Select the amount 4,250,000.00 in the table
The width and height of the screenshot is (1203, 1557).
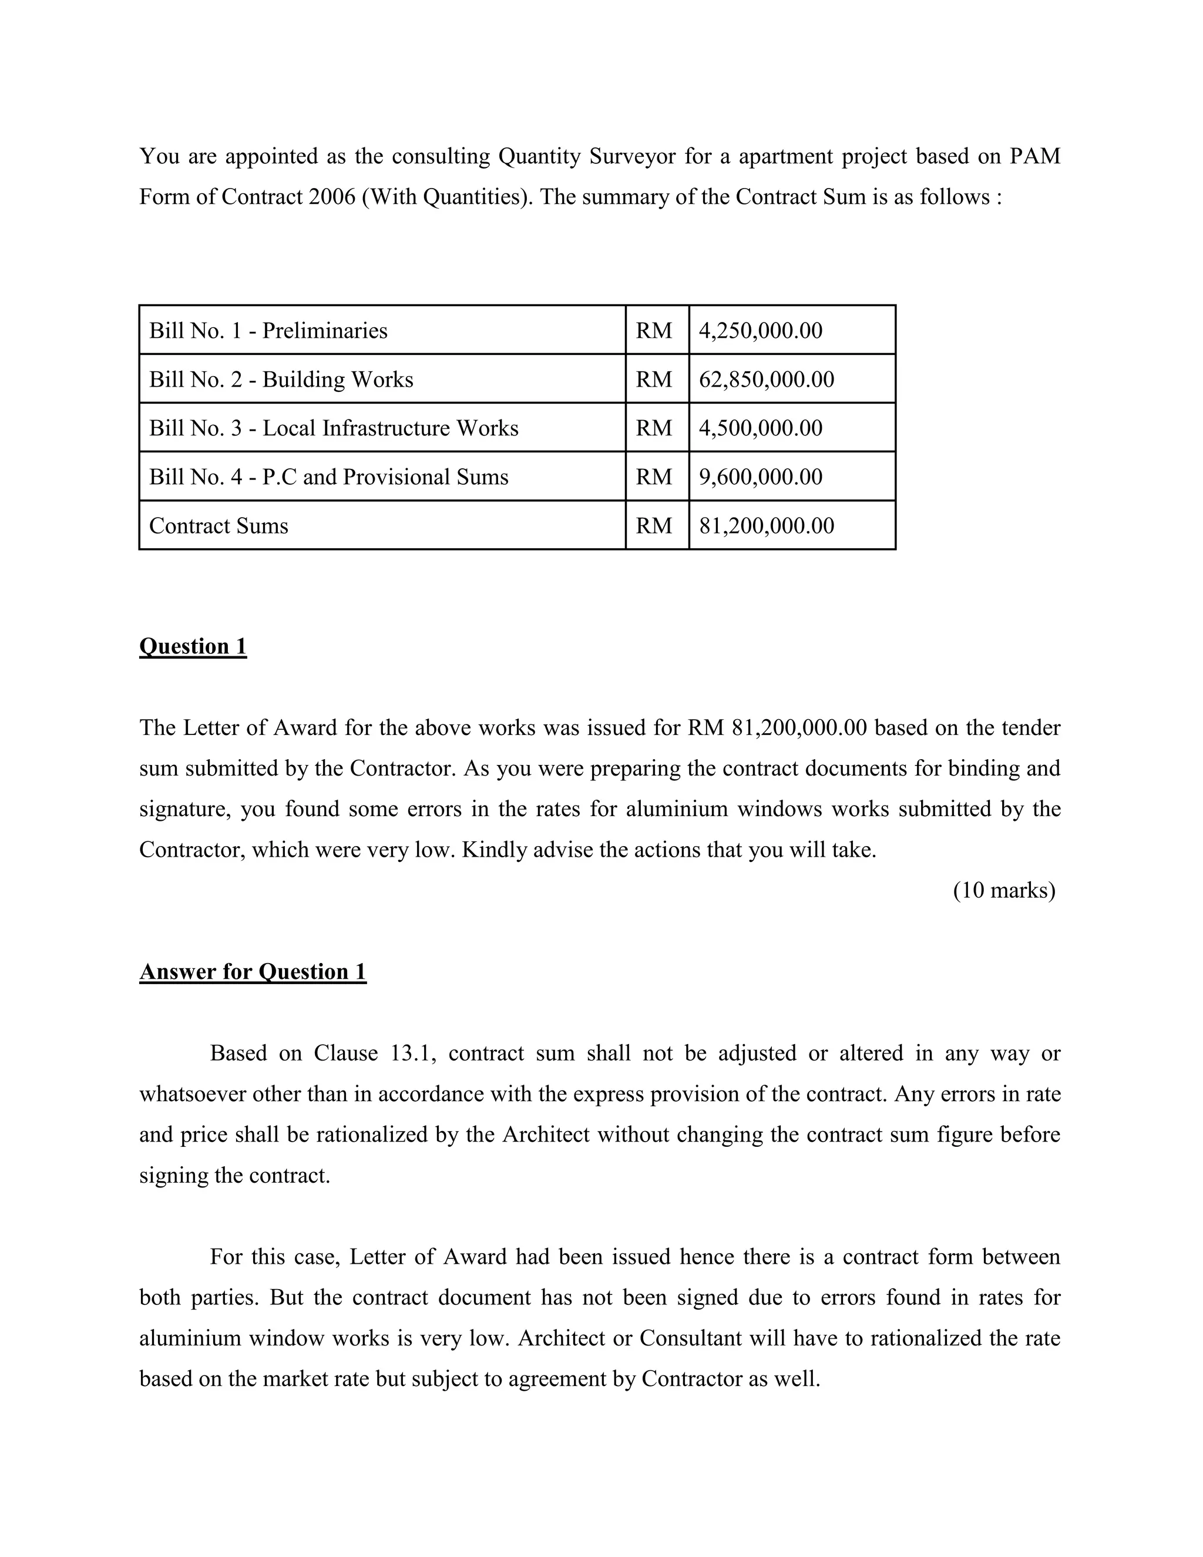(x=761, y=331)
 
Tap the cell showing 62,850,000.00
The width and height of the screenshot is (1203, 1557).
(x=766, y=380)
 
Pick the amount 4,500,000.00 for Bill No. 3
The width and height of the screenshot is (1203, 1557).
(x=761, y=428)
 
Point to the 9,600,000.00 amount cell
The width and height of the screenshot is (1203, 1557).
(x=761, y=477)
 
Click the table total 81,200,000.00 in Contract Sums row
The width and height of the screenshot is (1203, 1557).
(x=766, y=525)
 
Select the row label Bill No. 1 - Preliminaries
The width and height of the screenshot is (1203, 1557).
(x=268, y=331)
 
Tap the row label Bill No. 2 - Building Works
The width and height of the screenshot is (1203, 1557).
(x=281, y=380)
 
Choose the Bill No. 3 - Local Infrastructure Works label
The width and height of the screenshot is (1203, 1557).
(x=334, y=428)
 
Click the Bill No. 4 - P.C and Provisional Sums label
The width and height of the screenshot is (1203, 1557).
(x=328, y=477)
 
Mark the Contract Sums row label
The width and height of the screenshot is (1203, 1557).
(x=219, y=525)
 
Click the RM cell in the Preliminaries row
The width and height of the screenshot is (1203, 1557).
(x=654, y=331)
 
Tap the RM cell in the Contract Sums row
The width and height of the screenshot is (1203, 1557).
(x=654, y=525)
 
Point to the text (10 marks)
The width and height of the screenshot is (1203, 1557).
(x=1003, y=890)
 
